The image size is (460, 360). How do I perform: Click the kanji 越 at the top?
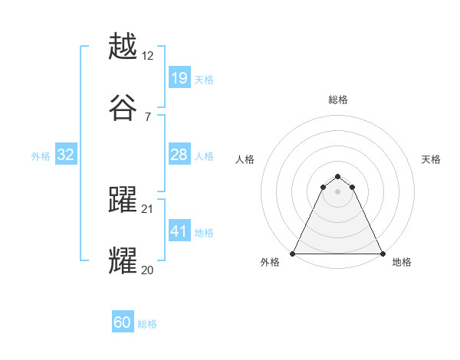point(123,47)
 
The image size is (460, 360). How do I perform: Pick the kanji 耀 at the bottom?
point(123,261)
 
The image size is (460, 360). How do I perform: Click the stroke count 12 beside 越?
point(149,56)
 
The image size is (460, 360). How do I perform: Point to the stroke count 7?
point(147,117)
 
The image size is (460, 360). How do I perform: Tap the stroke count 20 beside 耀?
point(149,270)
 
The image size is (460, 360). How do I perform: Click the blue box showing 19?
point(179,78)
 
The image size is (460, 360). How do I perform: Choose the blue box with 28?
point(179,155)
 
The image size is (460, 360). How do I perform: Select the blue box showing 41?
point(179,231)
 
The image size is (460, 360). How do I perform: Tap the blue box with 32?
point(66,155)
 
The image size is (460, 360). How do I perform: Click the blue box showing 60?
point(123,322)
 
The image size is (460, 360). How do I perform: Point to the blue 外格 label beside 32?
point(41,155)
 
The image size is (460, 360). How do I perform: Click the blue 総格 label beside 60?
point(147,324)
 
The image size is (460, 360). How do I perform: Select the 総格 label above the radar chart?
point(338,100)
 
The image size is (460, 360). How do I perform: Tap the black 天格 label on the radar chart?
point(431,159)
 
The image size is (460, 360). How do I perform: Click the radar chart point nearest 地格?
point(383,254)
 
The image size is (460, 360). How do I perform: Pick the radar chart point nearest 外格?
point(293,254)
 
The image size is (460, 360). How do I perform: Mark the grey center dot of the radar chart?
point(338,191)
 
